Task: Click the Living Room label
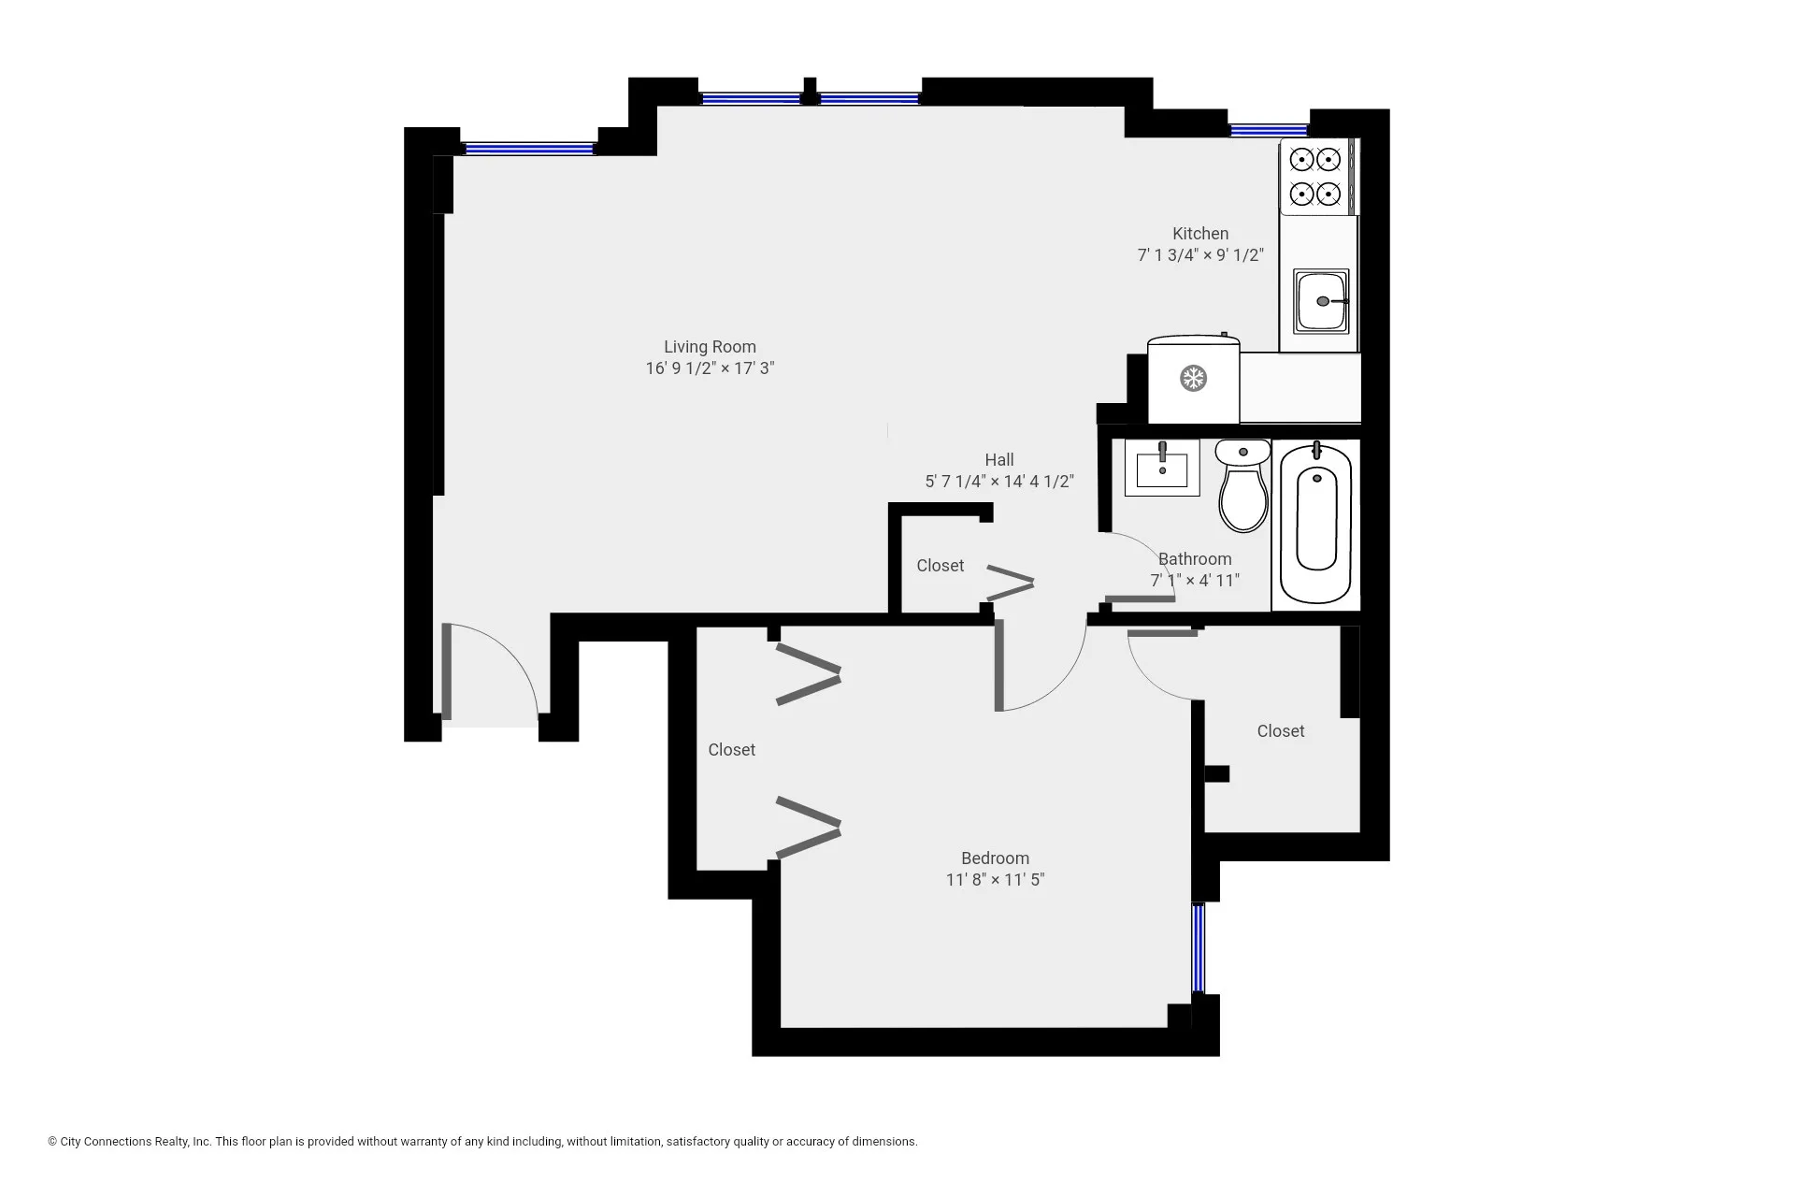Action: pyautogui.click(x=710, y=347)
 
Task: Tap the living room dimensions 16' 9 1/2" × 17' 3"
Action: pyautogui.click(x=710, y=368)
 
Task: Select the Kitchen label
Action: pyautogui.click(x=1200, y=234)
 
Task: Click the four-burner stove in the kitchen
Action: pyautogui.click(x=1315, y=177)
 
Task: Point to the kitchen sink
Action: pyautogui.click(x=1321, y=301)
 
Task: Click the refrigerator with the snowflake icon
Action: pyautogui.click(x=1193, y=380)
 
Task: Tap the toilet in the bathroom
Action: pyautogui.click(x=1243, y=486)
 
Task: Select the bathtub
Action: pyautogui.click(x=1315, y=524)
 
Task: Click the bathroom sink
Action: pyautogui.click(x=1162, y=467)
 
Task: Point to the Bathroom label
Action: pyautogui.click(x=1195, y=559)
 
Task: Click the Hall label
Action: pyautogui.click(x=998, y=460)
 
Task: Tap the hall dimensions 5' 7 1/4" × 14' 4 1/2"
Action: pyautogui.click(x=998, y=482)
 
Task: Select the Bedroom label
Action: pyautogui.click(x=995, y=858)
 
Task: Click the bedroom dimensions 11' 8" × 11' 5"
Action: pyautogui.click(x=995, y=880)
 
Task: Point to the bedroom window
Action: pyautogui.click(x=1198, y=947)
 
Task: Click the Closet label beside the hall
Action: pyautogui.click(x=940, y=566)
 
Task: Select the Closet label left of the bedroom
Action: pyautogui.click(x=731, y=750)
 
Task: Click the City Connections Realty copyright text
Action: pyautogui.click(x=482, y=1142)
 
